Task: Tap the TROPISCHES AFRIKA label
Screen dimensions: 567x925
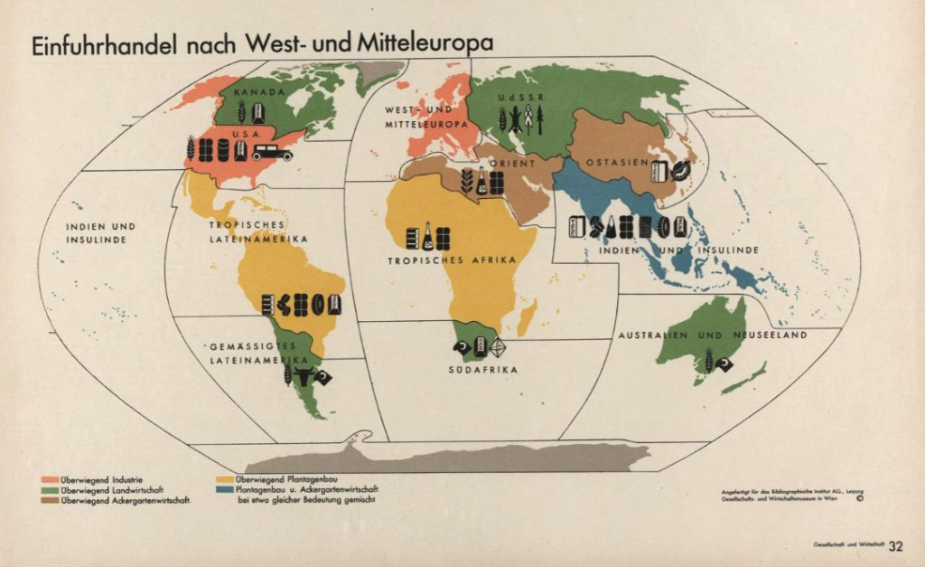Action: point(452,260)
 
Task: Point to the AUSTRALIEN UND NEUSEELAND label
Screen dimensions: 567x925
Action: point(712,335)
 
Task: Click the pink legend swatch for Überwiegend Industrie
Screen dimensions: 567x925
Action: point(51,478)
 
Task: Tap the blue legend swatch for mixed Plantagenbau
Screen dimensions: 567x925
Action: point(222,489)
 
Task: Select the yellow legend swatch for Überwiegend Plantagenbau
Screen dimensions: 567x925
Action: point(222,478)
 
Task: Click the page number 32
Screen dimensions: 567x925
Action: point(895,545)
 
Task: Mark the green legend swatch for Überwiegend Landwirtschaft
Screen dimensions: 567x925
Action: point(51,489)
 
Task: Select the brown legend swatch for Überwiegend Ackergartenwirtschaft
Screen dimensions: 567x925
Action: point(51,499)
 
